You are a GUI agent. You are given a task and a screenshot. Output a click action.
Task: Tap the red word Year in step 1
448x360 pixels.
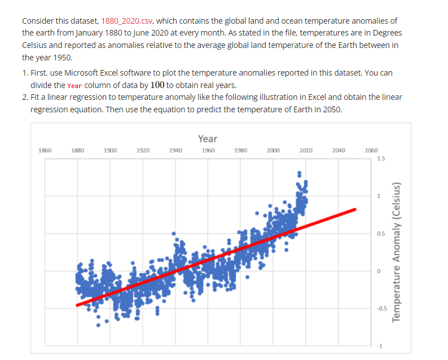(x=74, y=85)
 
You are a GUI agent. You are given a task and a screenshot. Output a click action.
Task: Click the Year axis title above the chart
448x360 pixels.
(x=208, y=138)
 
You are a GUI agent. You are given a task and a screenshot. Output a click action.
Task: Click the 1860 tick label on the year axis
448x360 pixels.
(x=45, y=151)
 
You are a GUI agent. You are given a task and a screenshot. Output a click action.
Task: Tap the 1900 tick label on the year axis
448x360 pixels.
(x=110, y=151)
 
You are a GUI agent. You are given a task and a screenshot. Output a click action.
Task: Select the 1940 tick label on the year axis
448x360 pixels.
(x=175, y=151)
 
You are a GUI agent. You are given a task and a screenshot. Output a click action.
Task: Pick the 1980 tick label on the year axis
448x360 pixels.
(x=240, y=151)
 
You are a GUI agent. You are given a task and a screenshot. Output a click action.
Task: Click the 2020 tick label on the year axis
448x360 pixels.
(x=306, y=151)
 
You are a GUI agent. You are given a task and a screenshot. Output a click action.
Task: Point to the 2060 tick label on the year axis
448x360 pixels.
(x=371, y=151)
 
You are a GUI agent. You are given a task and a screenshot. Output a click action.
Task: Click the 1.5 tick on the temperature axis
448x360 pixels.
(x=382, y=159)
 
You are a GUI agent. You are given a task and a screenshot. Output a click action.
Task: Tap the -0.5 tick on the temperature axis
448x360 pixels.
(x=382, y=308)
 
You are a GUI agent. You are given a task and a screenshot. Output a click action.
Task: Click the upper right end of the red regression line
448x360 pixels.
(x=355, y=209)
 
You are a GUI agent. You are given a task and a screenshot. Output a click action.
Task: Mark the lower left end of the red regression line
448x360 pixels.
(x=78, y=305)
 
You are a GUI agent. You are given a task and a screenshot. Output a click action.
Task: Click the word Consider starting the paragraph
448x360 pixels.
(x=38, y=21)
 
